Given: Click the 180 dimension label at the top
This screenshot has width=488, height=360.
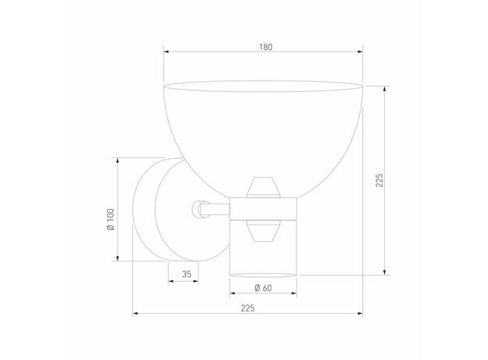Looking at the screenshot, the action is (x=266, y=47).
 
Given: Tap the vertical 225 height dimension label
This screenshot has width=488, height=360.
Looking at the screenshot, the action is (x=379, y=180).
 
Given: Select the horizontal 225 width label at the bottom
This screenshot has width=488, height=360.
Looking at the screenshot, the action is (x=248, y=308).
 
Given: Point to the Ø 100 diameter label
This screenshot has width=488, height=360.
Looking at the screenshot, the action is (x=110, y=219).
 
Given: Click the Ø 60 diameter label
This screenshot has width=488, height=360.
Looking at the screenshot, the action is (x=264, y=288).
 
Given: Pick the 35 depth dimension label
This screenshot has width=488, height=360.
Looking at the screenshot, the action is (x=186, y=274).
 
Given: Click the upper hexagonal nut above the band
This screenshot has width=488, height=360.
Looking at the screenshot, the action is (x=264, y=187).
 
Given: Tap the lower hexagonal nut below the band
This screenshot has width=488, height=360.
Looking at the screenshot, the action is (x=264, y=231).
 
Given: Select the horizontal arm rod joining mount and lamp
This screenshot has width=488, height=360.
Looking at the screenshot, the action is (x=215, y=209).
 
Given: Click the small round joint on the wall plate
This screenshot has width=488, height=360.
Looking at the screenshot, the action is (x=197, y=209).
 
